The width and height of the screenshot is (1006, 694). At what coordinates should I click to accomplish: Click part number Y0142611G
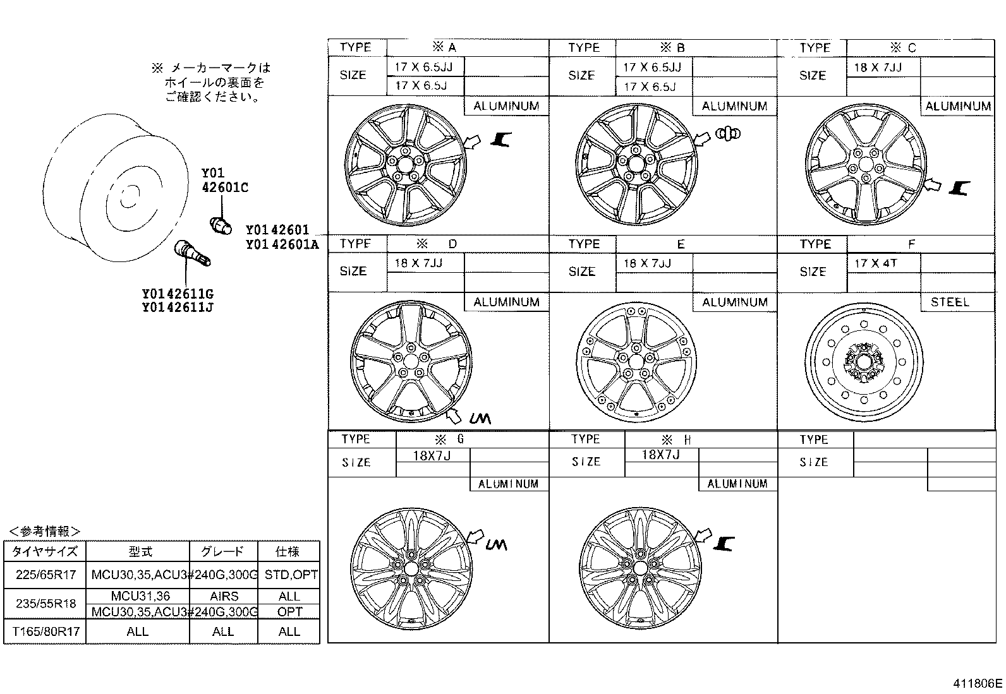click(178, 294)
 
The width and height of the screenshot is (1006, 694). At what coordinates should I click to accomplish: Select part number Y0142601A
click(282, 244)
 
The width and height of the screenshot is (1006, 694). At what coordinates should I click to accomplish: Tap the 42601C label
click(225, 187)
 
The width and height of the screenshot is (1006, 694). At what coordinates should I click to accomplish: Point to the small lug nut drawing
click(220, 224)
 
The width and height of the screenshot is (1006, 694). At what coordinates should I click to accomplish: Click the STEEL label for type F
click(949, 302)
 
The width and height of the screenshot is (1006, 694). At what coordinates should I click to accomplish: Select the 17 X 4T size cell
click(876, 263)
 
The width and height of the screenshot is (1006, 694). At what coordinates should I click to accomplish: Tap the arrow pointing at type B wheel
click(701, 139)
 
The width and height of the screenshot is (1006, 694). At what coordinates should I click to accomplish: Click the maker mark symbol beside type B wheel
click(729, 133)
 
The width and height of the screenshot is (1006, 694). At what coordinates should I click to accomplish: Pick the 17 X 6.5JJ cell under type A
click(420, 67)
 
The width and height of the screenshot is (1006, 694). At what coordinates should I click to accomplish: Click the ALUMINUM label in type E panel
click(734, 302)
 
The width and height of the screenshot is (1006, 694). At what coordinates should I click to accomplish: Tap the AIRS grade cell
click(224, 596)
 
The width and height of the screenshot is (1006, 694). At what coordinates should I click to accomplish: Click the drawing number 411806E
click(978, 683)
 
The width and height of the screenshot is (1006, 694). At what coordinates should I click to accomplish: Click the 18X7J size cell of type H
click(660, 455)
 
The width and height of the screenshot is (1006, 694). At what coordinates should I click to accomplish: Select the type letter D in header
click(452, 244)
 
